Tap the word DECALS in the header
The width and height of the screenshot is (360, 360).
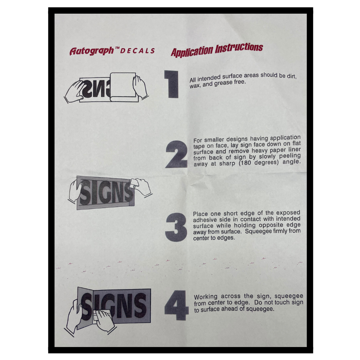[x=137, y=51]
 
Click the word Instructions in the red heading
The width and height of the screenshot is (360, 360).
[x=239, y=48]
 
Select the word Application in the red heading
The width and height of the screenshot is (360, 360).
[x=192, y=52]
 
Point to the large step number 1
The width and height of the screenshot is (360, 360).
[x=172, y=84]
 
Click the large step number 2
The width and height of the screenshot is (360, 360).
[x=176, y=154]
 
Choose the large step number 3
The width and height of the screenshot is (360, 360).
[x=176, y=227]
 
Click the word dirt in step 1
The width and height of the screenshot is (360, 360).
[x=291, y=76]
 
